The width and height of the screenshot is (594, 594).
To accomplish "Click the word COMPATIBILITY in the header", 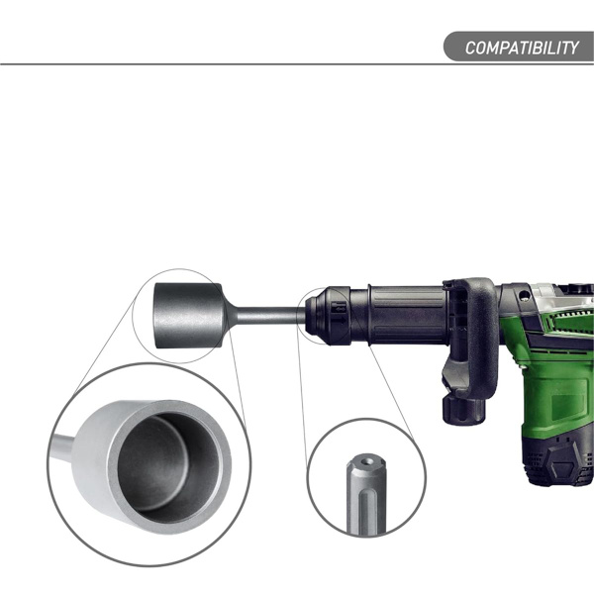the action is [522, 48].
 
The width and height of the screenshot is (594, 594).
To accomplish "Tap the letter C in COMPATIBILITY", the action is [469, 48].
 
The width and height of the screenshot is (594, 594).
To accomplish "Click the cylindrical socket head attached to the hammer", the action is [189, 316].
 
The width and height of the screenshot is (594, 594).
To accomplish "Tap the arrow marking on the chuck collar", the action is [340, 320].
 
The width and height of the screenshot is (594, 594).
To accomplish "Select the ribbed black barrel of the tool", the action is [407, 315].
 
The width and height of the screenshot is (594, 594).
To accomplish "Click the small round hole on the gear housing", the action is [525, 294].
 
